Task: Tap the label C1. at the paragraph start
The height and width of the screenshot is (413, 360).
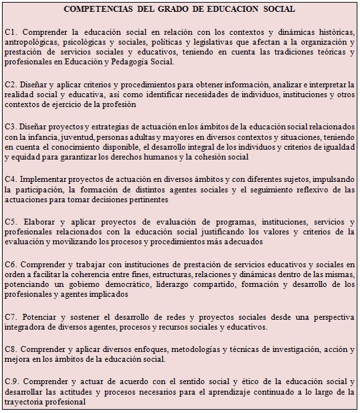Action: tap(11, 32)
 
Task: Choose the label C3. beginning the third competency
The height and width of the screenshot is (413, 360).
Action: tap(11, 127)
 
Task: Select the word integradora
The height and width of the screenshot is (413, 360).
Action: tap(26, 326)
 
